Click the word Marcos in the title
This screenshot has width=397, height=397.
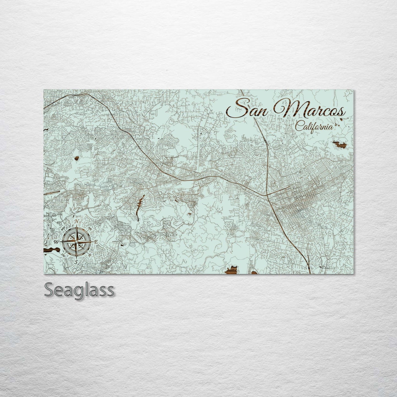click(x=309, y=111)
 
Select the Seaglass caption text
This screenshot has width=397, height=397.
click(x=79, y=290)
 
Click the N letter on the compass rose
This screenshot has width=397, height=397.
click(x=77, y=221)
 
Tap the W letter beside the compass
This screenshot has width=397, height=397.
click(x=57, y=242)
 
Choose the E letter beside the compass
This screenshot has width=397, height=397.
click(x=96, y=242)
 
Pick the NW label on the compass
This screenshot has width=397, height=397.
click(x=63, y=228)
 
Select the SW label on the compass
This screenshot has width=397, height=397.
click(x=63, y=255)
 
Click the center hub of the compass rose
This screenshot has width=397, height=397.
click(x=76, y=242)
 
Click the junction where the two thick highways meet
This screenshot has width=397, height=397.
click(x=267, y=195)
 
